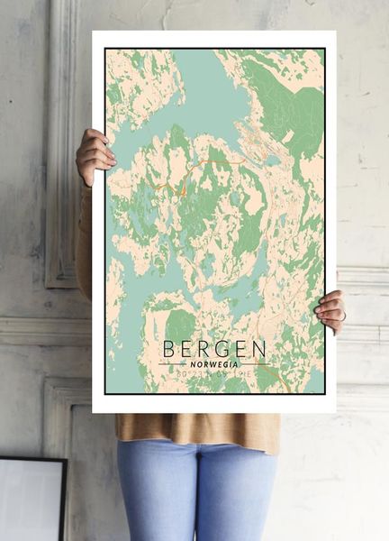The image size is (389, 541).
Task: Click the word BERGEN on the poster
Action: (x=214, y=348)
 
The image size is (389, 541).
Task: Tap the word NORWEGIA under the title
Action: (x=214, y=362)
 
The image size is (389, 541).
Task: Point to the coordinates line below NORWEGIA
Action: (x=214, y=371)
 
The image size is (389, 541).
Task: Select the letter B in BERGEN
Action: (x=169, y=348)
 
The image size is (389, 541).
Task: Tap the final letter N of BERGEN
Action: (x=259, y=348)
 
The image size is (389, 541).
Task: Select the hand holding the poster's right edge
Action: (x=330, y=310)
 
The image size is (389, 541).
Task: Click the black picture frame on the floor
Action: (x=32, y=500)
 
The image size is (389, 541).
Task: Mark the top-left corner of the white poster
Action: (x=93, y=32)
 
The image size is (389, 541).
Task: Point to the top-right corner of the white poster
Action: (x=335, y=32)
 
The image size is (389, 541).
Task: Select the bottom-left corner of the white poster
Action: (x=93, y=411)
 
